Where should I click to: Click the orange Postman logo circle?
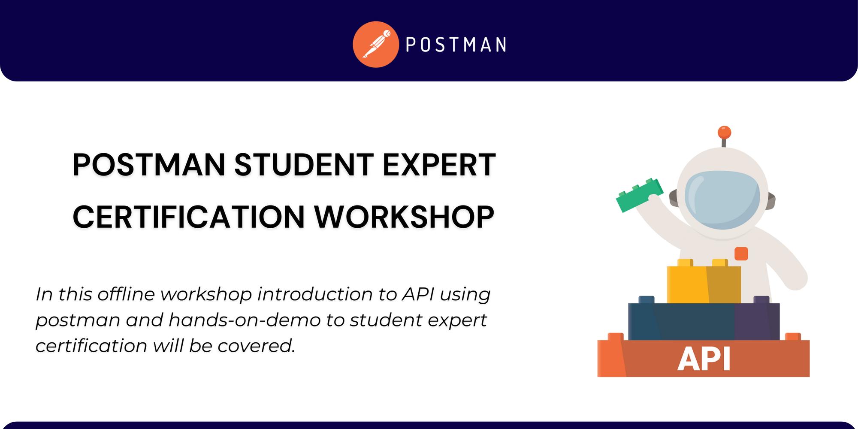tap(376, 45)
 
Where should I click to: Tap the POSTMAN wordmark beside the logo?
tap(456, 45)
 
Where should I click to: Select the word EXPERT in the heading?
tap(439, 165)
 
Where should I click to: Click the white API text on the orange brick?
tap(704, 359)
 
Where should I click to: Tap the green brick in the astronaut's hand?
tap(639, 194)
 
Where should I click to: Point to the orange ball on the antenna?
tap(724, 132)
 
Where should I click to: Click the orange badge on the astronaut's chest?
tap(741, 254)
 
